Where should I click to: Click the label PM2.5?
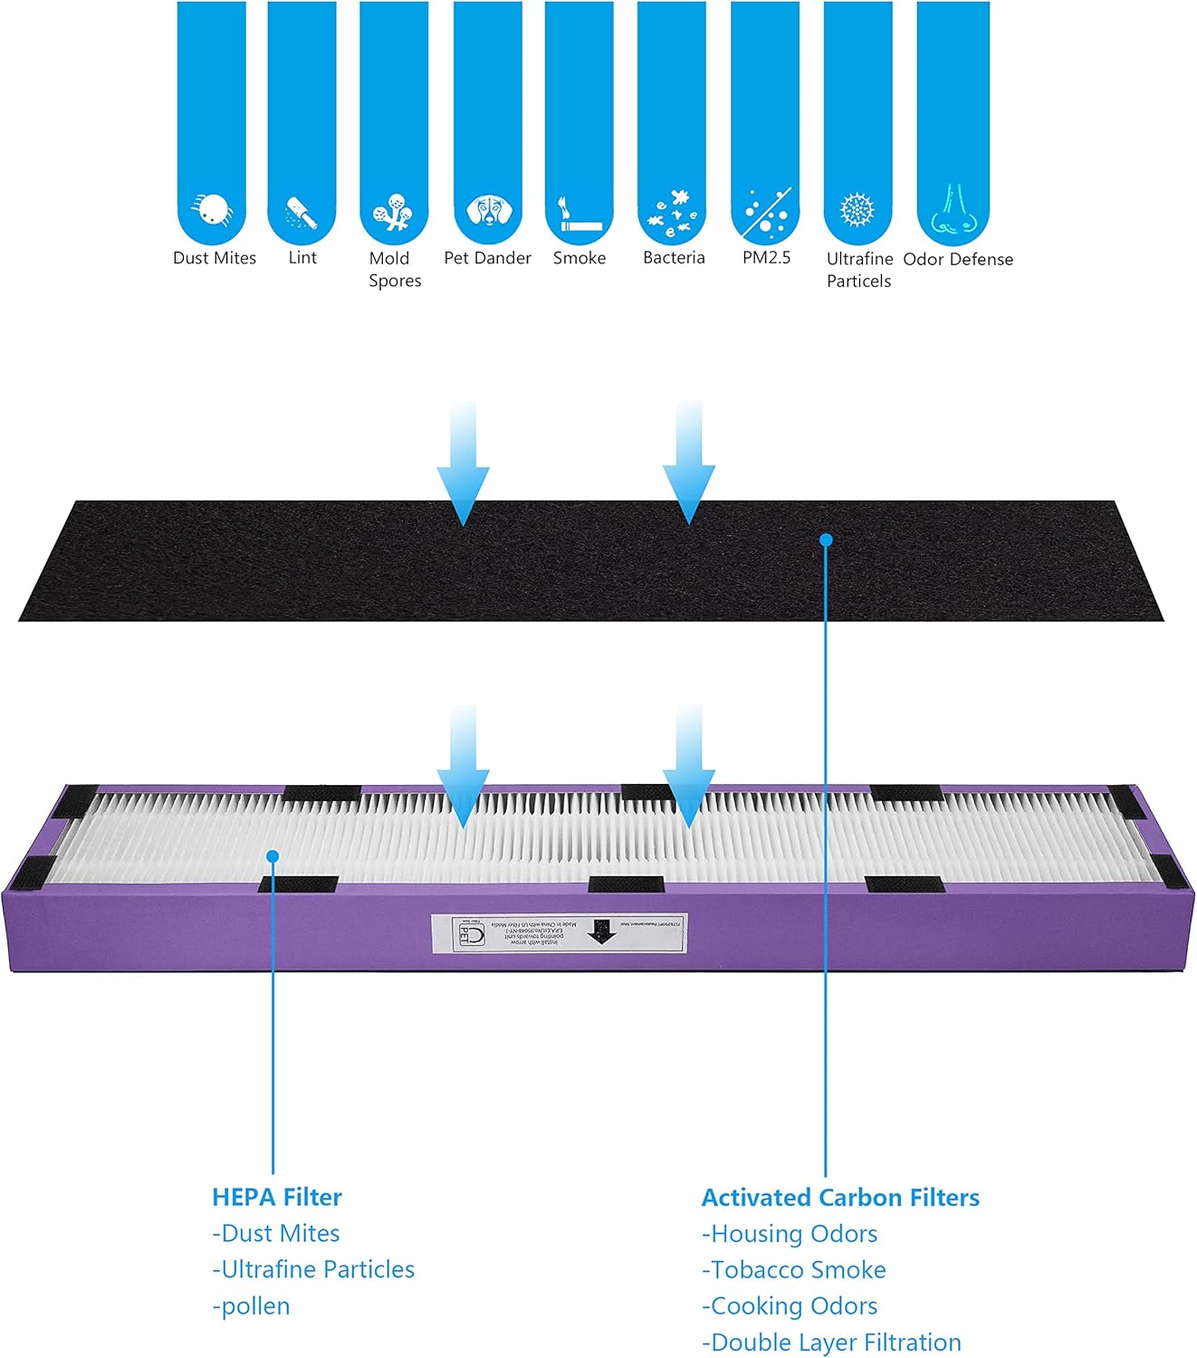click(766, 258)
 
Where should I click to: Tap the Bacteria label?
click(674, 258)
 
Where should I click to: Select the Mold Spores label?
click(395, 270)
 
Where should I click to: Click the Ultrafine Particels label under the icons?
click(859, 270)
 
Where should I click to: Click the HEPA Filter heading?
click(277, 1197)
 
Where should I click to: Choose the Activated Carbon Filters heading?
click(840, 1198)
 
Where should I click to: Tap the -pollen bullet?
click(251, 1306)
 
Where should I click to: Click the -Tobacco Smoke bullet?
click(794, 1270)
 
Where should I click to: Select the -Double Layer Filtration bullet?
click(831, 1343)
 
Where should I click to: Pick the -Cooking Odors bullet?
click(790, 1306)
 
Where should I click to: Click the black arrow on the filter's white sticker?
click(599, 932)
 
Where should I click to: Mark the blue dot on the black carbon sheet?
click(826, 540)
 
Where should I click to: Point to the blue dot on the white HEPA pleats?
click(273, 856)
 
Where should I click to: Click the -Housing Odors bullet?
click(790, 1234)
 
